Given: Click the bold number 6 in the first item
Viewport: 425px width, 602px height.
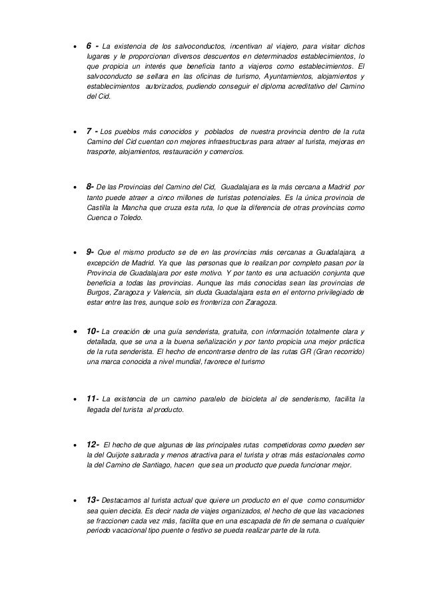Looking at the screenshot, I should click(x=89, y=46).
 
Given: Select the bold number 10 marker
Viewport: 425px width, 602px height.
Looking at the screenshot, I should click(x=91, y=331).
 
